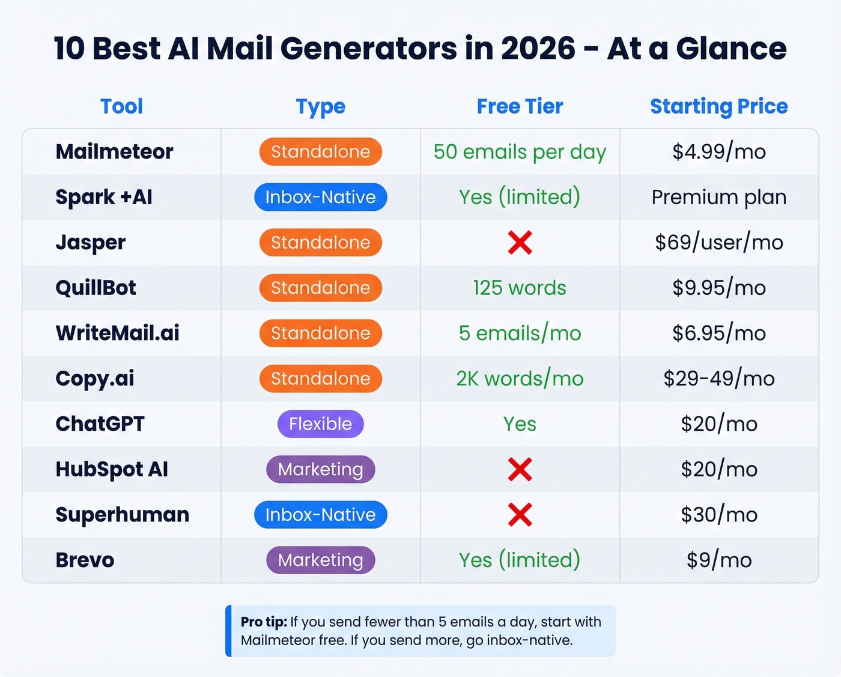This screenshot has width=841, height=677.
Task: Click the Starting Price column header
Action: coord(718,106)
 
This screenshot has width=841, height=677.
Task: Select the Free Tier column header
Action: coord(520,106)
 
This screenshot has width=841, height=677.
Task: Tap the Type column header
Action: coord(320,107)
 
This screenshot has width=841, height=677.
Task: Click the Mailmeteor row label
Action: coord(114,151)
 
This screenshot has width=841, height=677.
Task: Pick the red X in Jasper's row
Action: coord(520,243)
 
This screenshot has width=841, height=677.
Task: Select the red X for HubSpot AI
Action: coord(520,469)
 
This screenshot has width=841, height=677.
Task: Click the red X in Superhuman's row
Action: coord(520,515)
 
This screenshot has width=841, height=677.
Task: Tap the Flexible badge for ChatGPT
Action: coord(320,424)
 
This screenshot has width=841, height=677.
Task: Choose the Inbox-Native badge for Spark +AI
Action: coord(320,197)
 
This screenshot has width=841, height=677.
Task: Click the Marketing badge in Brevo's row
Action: coord(320,560)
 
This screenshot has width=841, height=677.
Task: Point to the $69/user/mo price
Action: coord(718,243)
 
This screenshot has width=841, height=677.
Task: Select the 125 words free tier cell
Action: coord(520,288)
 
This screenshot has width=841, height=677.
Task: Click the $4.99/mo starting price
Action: coord(718,151)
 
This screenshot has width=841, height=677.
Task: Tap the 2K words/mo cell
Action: coord(520,378)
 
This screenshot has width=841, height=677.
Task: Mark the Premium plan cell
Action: coord(718,197)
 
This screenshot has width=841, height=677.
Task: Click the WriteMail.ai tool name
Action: coord(117,333)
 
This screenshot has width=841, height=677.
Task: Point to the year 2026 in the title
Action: coord(538,48)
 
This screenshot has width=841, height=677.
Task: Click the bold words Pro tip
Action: coord(264,622)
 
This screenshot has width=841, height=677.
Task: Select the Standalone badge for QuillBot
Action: coord(320,288)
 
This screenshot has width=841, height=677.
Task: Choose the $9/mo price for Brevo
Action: coord(718,560)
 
